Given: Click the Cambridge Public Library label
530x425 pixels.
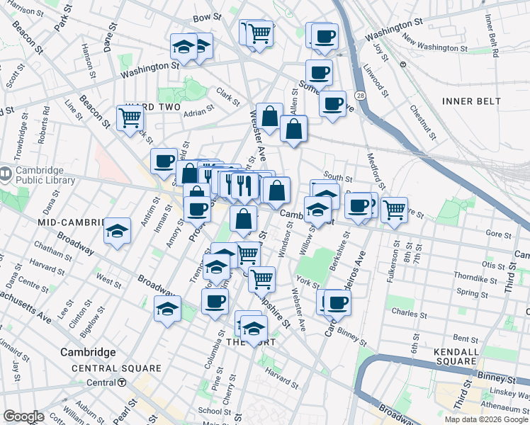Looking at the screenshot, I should coord(44,175).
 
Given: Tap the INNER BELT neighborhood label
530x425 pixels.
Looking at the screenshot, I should coord(473,101).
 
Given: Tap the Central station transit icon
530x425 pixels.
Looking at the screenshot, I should coord(122,382).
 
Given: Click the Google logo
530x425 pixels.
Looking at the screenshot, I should coord(24,416).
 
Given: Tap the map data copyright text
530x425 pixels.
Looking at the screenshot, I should coord(486,419).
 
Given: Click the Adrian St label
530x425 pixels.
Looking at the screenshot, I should coord(198,111).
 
